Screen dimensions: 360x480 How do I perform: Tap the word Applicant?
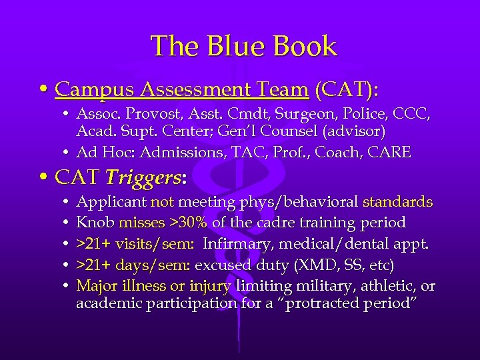111,202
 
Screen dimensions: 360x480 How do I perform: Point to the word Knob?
95,221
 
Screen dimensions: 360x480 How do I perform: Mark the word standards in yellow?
397,202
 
